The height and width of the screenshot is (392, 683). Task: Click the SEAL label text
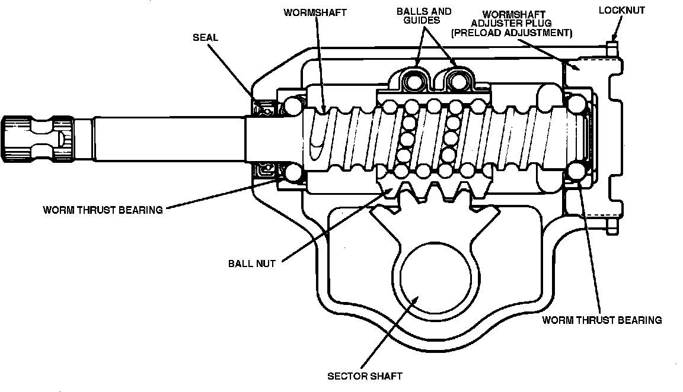[x=205, y=37]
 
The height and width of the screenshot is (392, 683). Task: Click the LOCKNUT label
[x=621, y=10]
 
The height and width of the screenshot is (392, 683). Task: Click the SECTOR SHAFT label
[x=365, y=376]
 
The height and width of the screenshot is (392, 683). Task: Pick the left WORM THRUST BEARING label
[x=103, y=210]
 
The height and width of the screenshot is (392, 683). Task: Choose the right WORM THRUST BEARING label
[x=602, y=320]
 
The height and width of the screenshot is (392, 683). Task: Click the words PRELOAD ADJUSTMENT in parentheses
[x=511, y=34]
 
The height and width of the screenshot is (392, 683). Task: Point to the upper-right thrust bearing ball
[x=574, y=104]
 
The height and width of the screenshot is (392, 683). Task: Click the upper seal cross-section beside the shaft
[x=265, y=107]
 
